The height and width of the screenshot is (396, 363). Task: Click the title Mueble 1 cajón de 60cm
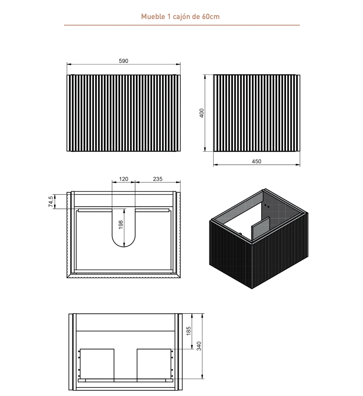[x=180, y=17]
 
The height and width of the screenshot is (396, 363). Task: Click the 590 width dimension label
[x=123, y=61]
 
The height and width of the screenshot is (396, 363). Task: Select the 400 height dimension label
[x=202, y=113]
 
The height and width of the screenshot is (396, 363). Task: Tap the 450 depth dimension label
[x=256, y=161]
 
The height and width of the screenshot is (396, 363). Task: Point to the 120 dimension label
[x=123, y=179]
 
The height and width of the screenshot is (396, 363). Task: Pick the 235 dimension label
[x=158, y=179]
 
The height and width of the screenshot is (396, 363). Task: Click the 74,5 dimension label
[x=51, y=202]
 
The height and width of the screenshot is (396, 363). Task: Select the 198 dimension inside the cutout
[x=121, y=224]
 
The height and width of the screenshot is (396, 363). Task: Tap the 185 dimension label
[x=188, y=331]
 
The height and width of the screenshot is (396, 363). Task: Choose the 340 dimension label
[x=199, y=346]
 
